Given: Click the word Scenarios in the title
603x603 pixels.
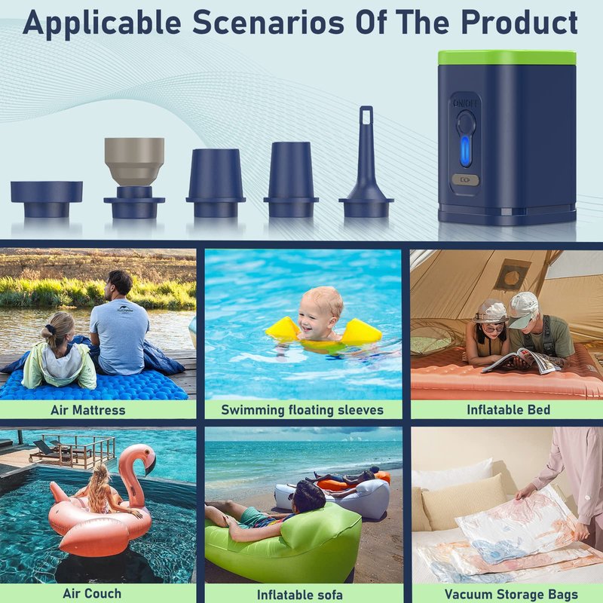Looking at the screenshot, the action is point(268,23).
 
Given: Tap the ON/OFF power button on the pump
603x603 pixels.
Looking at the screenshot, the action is point(465,122).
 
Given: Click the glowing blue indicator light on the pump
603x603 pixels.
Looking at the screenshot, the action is point(465,151).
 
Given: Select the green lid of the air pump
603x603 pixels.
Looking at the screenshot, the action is point(507,58).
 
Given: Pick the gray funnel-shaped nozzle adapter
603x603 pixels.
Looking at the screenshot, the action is point(134,161).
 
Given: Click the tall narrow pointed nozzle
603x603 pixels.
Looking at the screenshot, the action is point(366,161).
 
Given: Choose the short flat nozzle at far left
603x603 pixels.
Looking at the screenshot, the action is point(47,199).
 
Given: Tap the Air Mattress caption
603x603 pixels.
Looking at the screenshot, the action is point(88,410).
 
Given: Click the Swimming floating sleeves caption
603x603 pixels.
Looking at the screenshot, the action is point(302,410).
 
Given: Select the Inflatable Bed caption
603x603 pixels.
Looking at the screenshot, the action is point(508,410).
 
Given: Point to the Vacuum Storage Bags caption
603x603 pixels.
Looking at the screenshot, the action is point(511,594).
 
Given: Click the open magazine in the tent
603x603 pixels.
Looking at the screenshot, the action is point(521,361).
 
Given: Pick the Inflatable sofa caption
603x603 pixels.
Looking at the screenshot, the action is point(299,595).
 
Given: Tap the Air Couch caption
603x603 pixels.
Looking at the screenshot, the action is point(92,593).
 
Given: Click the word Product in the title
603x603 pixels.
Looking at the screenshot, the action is point(519,22).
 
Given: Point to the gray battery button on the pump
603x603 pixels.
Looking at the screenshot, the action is point(465,179).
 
